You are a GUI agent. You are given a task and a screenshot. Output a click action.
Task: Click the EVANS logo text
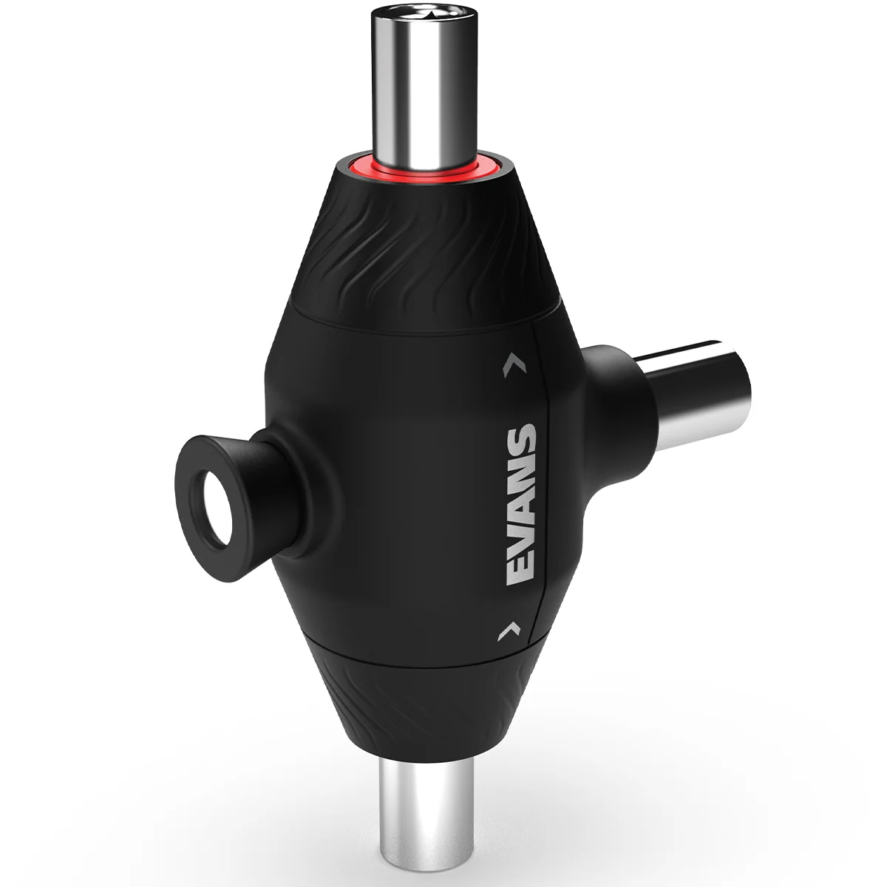pyautogui.click(x=522, y=505)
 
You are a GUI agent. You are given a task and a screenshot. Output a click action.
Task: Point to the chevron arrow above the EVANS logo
pyautogui.click(x=515, y=367)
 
